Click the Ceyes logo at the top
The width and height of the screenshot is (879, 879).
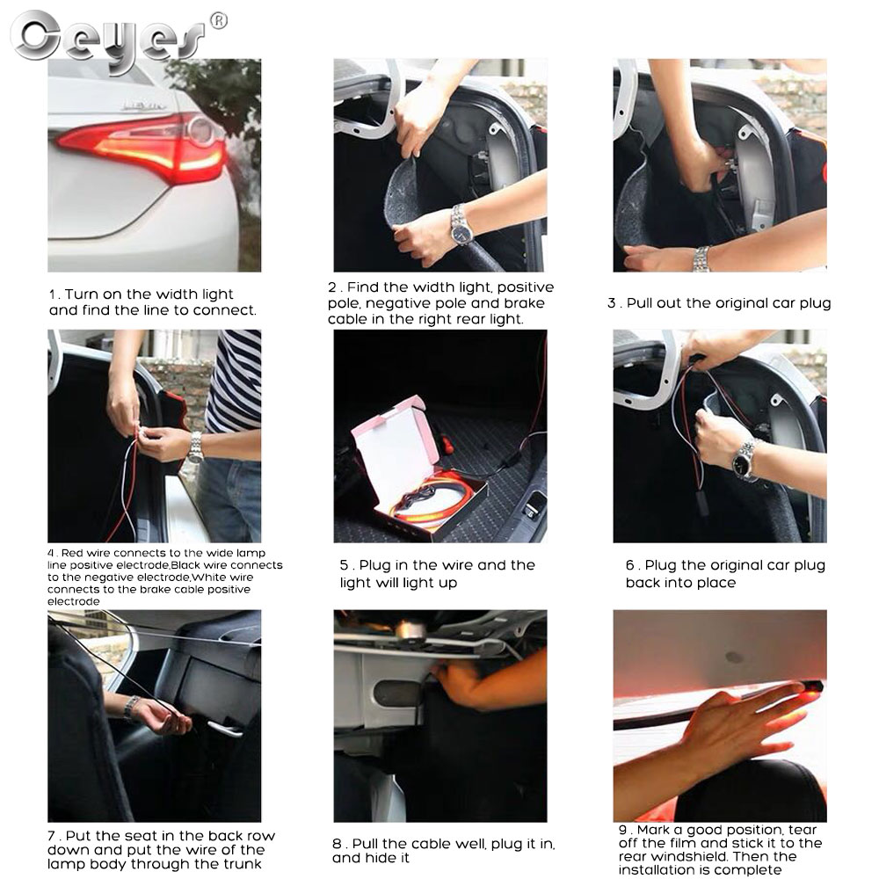point(106,40)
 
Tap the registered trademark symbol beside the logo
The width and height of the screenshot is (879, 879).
point(219,21)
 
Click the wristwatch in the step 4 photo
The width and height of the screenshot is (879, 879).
point(195,447)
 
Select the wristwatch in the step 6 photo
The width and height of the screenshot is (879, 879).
point(745,461)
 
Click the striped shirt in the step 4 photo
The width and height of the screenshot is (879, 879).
point(234,381)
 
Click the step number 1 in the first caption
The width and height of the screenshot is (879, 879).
point(52,294)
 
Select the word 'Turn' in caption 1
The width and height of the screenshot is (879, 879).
point(81,294)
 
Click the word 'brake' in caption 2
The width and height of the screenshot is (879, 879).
point(524,303)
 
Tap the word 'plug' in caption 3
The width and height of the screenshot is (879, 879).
point(816,304)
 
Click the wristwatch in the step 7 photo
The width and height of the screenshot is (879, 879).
point(131,708)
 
